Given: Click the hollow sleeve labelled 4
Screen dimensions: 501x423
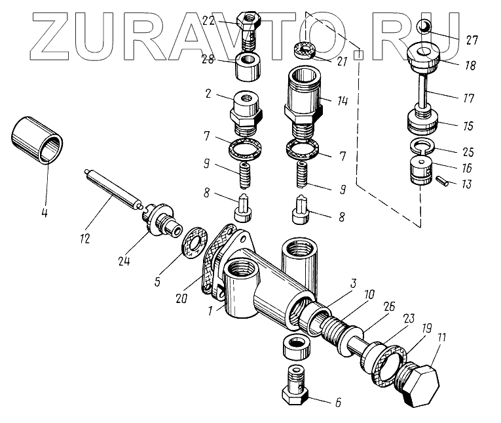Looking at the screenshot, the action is [39, 138].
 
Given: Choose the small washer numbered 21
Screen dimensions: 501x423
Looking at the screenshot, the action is [304, 50].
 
